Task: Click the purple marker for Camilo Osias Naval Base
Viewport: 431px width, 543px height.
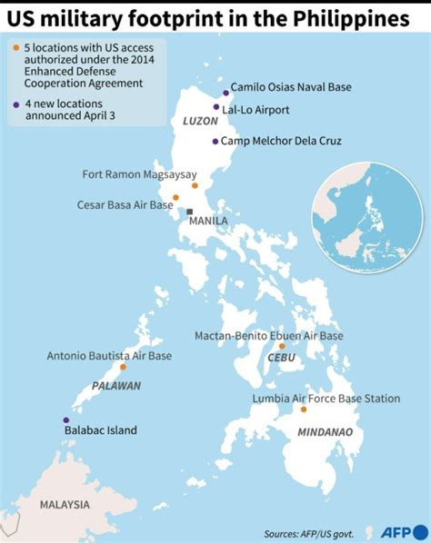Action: [x=224, y=92]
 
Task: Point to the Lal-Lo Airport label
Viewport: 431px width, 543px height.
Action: [x=259, y=109]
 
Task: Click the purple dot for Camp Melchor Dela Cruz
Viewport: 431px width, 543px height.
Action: [x=215, y=141]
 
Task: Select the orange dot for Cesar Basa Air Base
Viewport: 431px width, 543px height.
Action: [x=176, y=197]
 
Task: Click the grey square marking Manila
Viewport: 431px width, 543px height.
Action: [x=190, y=212]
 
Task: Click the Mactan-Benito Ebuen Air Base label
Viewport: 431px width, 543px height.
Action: [x=268, y=335]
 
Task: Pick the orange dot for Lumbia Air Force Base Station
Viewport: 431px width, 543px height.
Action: [x=304, y=410]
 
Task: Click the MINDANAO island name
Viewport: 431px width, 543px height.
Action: [x=326, y=432]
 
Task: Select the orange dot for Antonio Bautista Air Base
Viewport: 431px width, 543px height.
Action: [x=123, y=368]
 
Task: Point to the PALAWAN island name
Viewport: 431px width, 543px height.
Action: [x=116, y=386]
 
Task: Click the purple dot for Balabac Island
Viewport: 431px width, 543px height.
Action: [x=65, y=420]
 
